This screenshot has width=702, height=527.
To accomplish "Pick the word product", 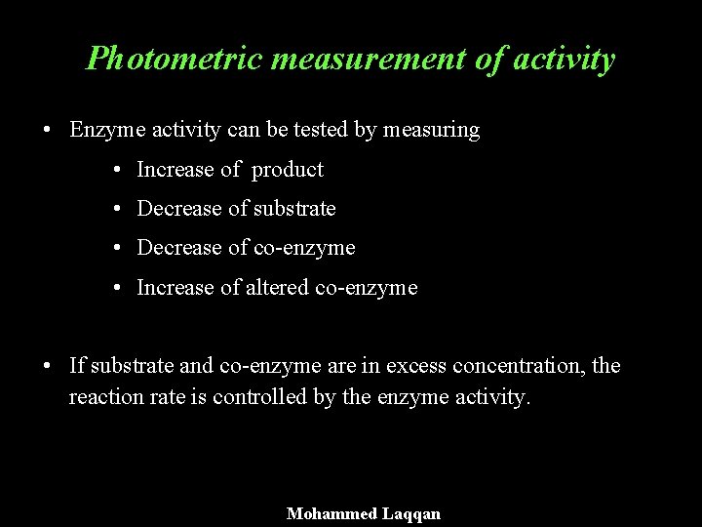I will pos(287,170).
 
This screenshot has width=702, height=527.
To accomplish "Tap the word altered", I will pos(268,287).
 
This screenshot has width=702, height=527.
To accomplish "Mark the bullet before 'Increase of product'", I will pos(116,171).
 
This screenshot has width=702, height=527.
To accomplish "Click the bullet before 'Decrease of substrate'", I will pos(116,210).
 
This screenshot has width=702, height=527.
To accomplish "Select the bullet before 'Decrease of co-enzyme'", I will pos(116,249).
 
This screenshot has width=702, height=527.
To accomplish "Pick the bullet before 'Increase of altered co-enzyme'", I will pos(116,288).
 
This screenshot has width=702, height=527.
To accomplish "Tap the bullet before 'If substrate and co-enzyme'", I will pos(48,367).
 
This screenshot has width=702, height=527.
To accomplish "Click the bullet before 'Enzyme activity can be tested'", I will pos(48,131).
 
